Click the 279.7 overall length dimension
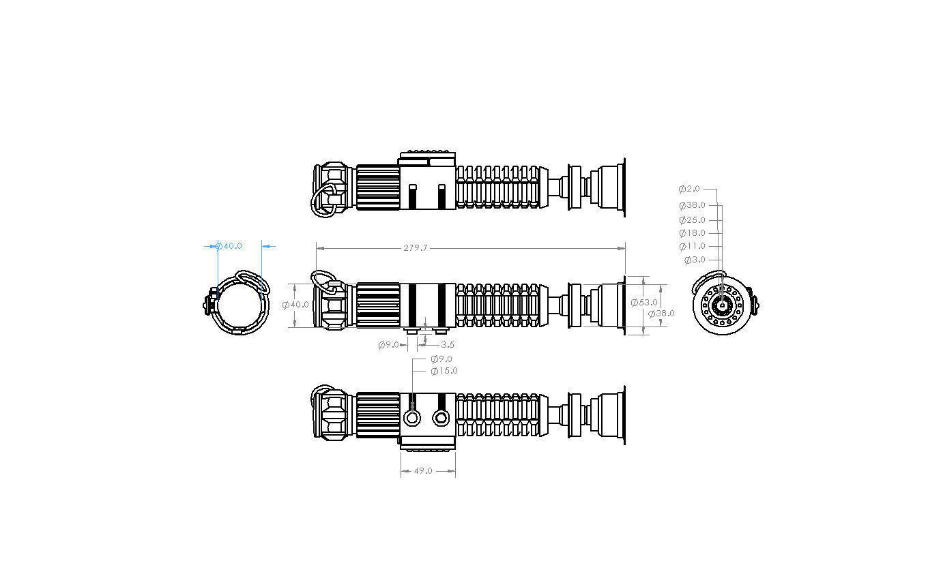click(x=415, y=248)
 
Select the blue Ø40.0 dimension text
click(x=229, y=246)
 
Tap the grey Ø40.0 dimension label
click(x=295, y=305)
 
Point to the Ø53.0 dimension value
click(x=643, y=302)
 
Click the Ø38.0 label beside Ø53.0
click(x=661, y=314)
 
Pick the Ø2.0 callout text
click(x=689, y=189)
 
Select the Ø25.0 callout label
click(x=692, y=220)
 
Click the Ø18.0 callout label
click(x=692, y=233)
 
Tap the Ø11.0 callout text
click(x=692, y=246)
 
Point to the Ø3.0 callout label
click(x=694, y=260)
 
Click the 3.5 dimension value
click(x=447, y=345)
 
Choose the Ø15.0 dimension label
click(x=444, y=371)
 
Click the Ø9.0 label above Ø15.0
click(x=441, y=359)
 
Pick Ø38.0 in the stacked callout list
click(x=692, y=205)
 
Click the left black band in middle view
click(x=411, y=305)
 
